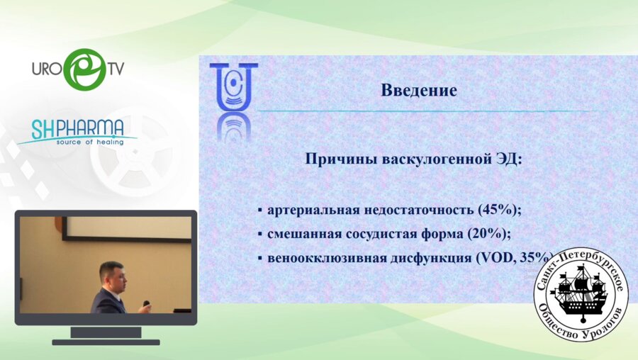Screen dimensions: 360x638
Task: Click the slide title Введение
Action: click(418, 91)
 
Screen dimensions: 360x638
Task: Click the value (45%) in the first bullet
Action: click(500, 210)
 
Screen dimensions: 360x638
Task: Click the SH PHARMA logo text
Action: click(77, 128)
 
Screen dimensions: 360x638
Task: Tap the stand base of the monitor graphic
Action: click(106, 342)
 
